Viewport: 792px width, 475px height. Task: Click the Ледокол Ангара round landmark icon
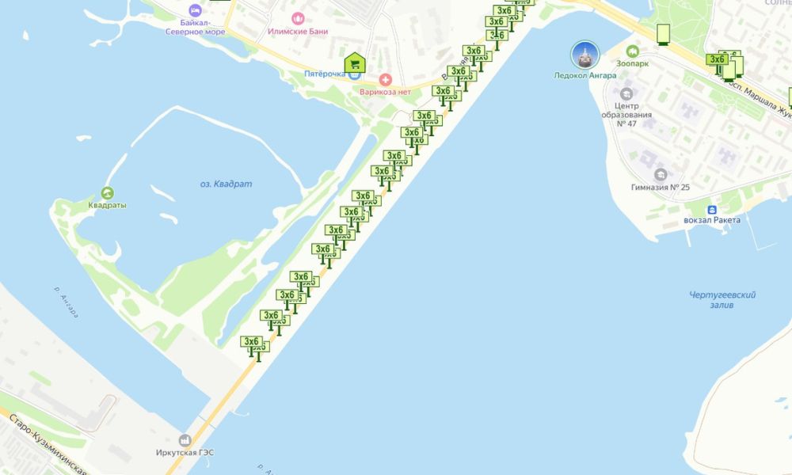tap(584, 55)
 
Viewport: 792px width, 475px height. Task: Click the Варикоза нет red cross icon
tap(386, 79)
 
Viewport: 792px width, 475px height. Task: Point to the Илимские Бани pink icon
tap(298, 18)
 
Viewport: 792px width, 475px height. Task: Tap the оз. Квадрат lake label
tap(226, 184)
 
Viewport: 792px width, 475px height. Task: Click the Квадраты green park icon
tap(107, 192)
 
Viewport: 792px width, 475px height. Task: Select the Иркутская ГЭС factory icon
tap(185, 439)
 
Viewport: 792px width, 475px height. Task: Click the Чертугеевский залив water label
tap(722, 300)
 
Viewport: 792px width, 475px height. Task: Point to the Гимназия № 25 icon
tap(660, 173)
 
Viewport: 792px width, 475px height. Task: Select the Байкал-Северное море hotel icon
tap(196, 10)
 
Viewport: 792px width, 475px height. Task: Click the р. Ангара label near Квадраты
tap(67, 302)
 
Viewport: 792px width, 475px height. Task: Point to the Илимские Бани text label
tap(298, 32)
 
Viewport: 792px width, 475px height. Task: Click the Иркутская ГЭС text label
tap(185, 453)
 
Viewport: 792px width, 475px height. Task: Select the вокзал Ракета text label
tap(713, 220)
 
